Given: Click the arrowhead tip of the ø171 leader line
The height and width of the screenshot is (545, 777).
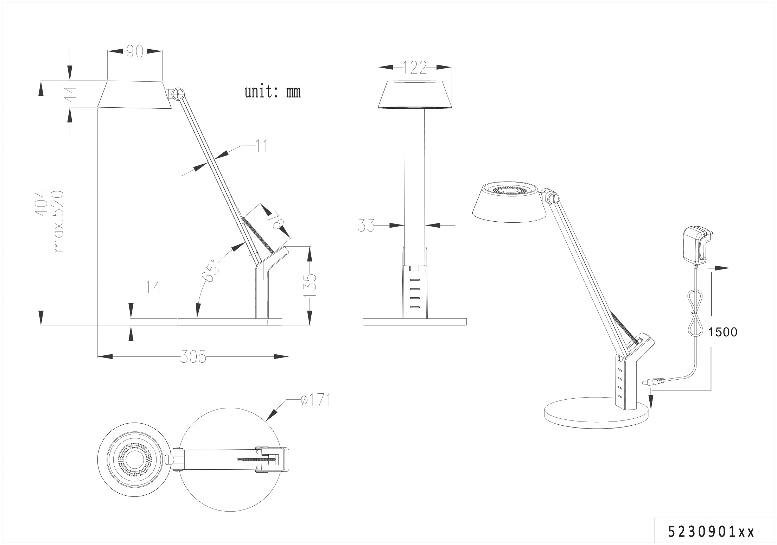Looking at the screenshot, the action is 266,421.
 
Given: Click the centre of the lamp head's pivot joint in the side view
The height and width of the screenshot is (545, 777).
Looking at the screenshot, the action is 178,94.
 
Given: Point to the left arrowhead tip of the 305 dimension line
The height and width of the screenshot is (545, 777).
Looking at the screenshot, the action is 97,356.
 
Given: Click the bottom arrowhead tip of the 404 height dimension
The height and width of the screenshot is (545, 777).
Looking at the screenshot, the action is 41,326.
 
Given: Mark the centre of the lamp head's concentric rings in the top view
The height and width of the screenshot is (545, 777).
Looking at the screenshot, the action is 135,460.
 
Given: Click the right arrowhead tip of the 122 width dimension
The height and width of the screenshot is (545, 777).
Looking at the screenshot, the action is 451,67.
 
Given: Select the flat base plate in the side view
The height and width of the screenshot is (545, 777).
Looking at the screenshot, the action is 230,322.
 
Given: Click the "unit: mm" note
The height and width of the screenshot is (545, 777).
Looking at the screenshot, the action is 273,92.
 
